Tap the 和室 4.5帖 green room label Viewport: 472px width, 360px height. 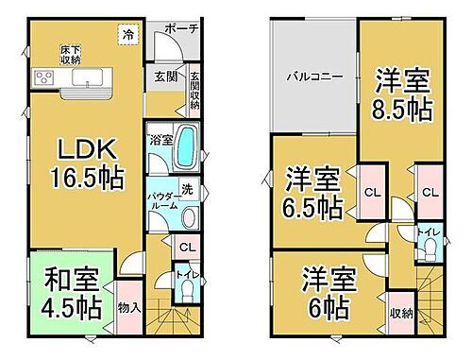(71, 294)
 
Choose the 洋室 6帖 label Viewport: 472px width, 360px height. (328, 293)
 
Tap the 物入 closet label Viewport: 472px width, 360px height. (129, 306)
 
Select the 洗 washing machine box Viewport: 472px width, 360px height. (188, 187)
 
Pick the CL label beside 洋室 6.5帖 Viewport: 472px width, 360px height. (371, 193)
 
